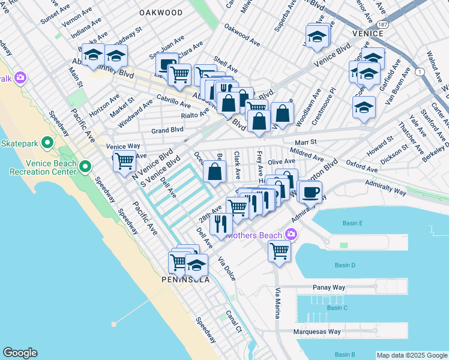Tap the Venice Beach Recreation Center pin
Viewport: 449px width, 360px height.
(x=85, y=166)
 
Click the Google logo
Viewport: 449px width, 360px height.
(x=20, y=353)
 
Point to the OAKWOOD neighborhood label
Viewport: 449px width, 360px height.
(x=160, y=12)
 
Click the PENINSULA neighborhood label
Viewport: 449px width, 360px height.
(x=185, y=280)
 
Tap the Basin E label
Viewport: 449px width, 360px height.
(x=352, y=223)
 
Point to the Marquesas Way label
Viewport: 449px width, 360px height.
(x=317, y=332)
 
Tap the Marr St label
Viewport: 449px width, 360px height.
(x=306, y=142)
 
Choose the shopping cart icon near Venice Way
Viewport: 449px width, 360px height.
(x=124, y=161)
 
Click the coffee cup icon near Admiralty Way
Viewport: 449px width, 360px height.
(x=310, y=191)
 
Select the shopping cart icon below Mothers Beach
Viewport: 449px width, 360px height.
(x=279, y=251)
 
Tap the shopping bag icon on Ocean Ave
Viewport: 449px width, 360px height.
(x=215, y=172)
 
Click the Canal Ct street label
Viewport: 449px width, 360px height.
(x=234, y=322)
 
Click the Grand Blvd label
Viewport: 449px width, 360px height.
(x=167, y=130)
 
